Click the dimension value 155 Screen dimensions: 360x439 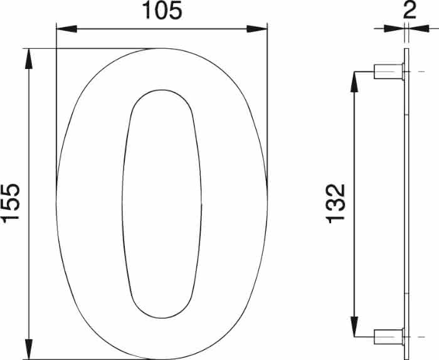pyautogui.click(x=12, y=203)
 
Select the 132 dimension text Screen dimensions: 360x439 pyautogui.click(x=337, y=203)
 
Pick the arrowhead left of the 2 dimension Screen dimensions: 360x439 pyautogui.click(x=395, y=28)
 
